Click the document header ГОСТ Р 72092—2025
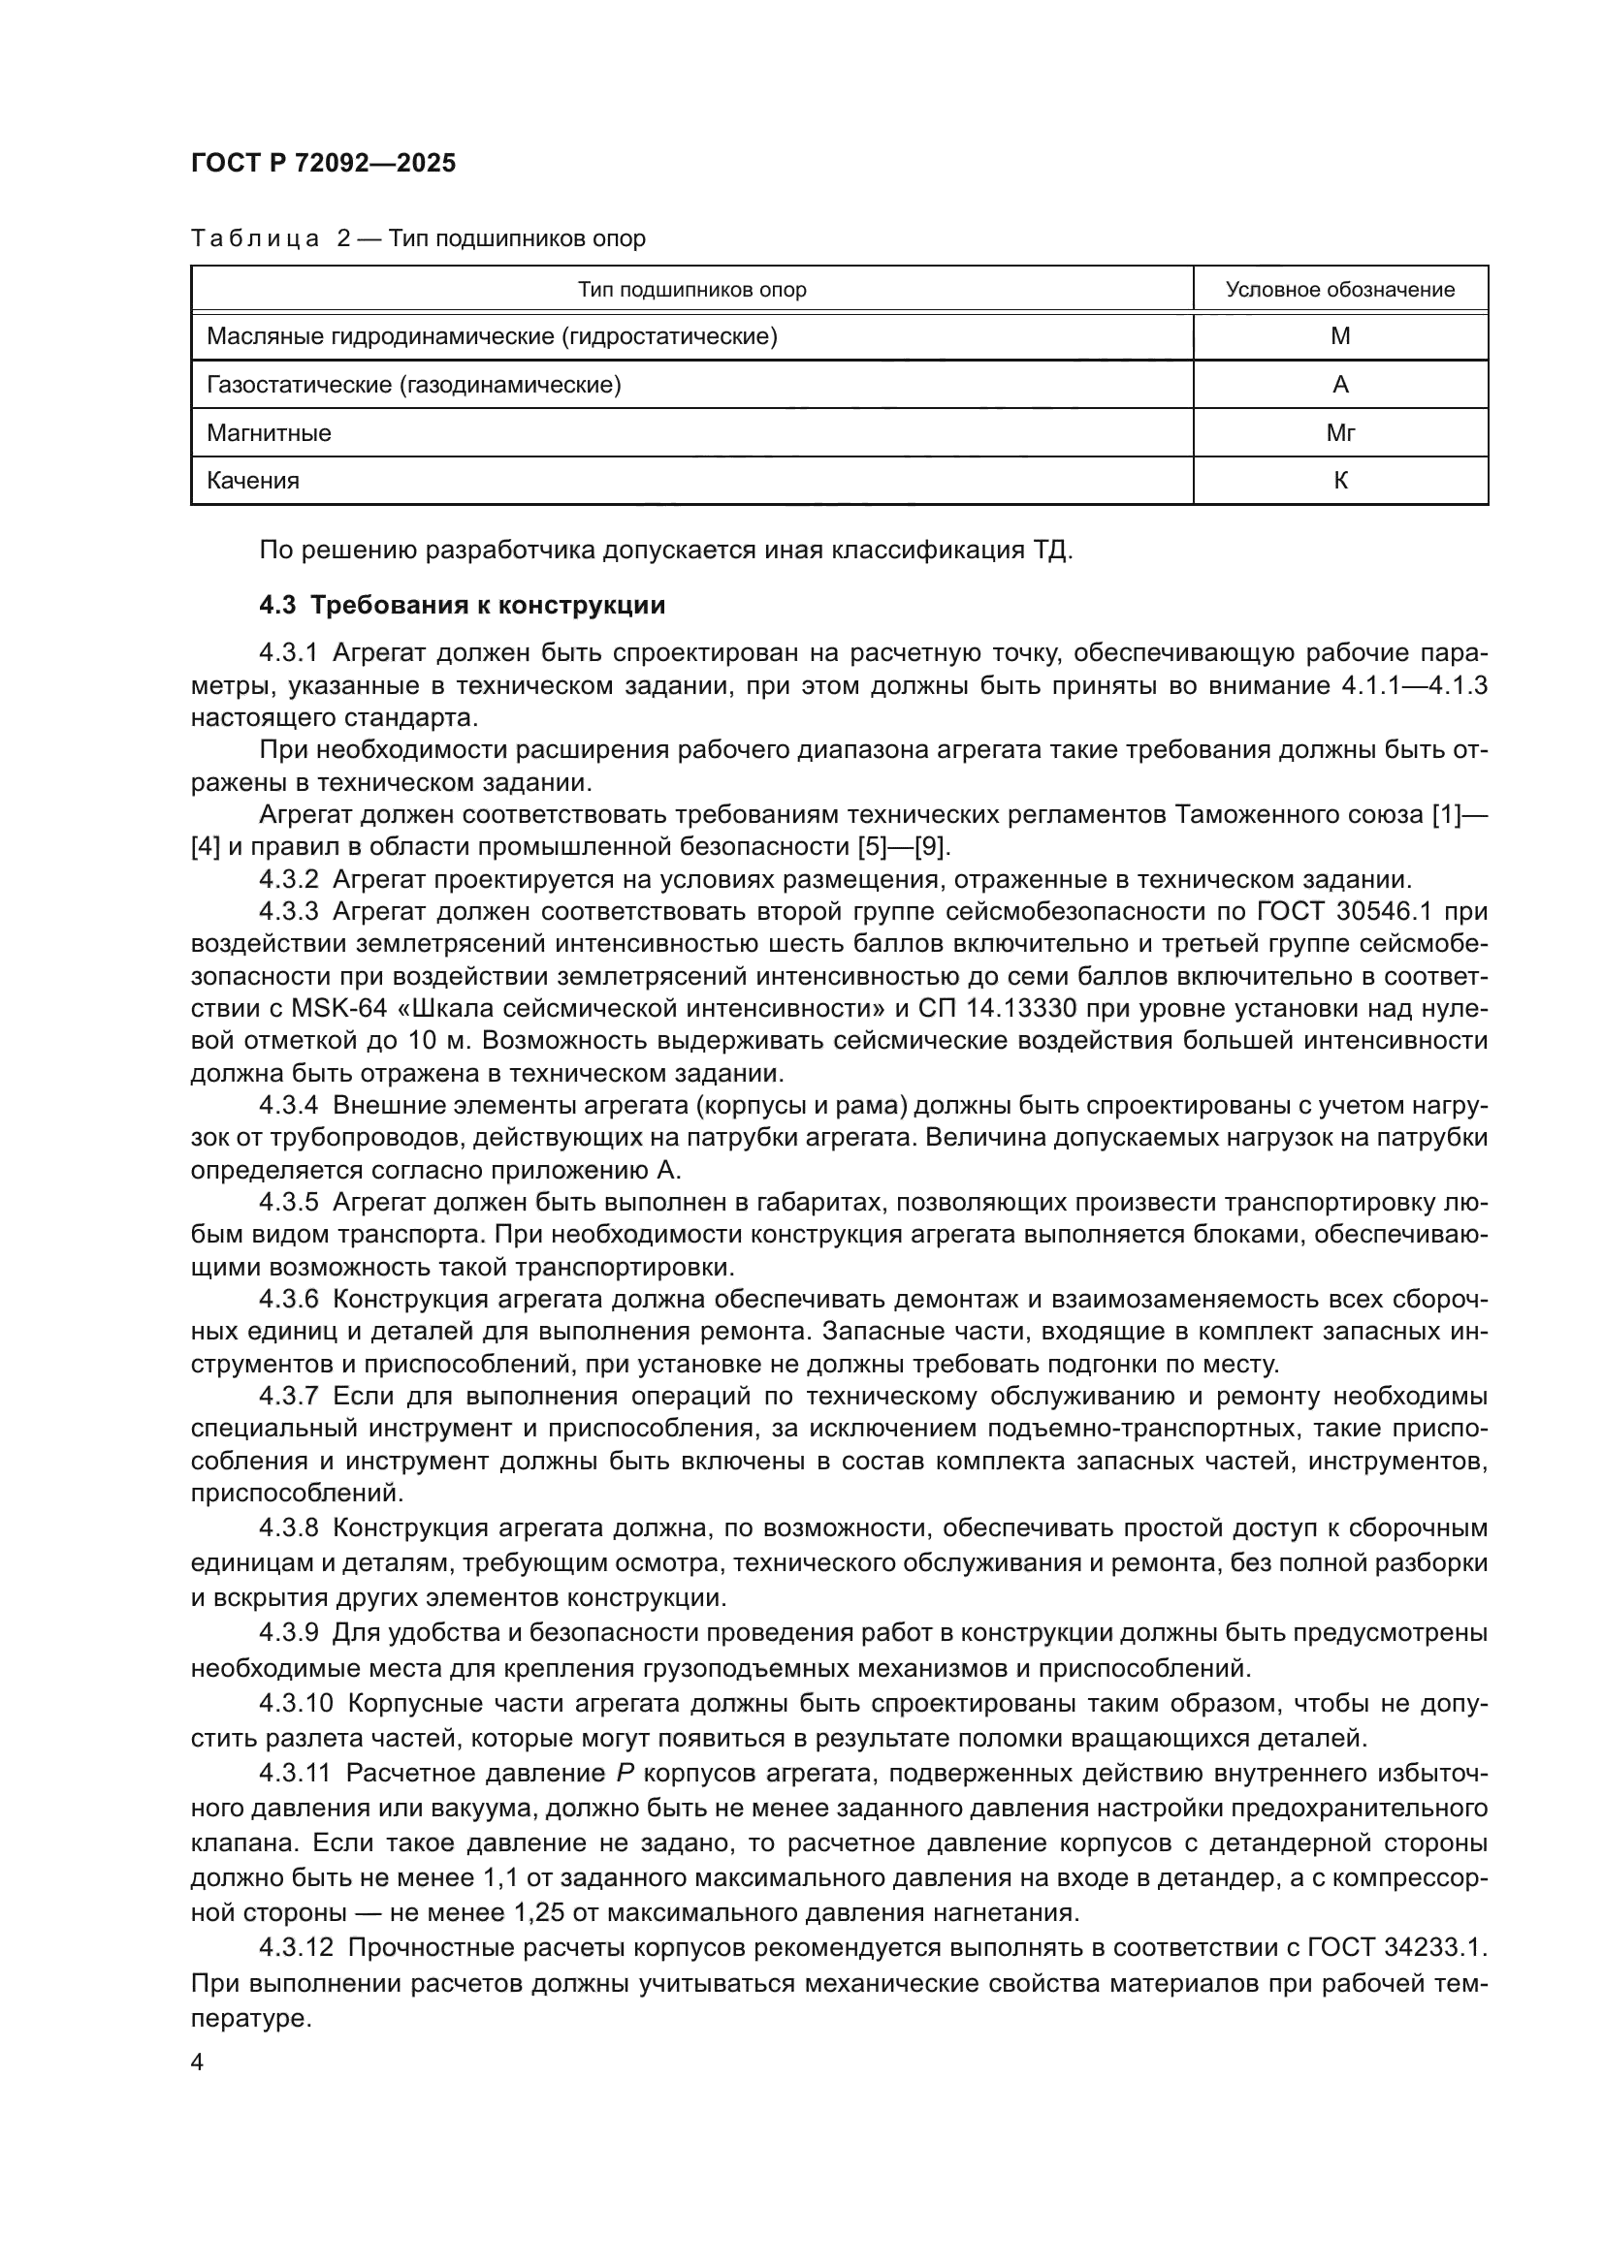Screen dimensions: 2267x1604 323,163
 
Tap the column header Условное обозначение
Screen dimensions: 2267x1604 1339,289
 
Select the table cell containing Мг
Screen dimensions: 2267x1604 1339,432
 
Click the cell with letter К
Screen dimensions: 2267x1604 1339,480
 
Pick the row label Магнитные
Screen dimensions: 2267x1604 269,432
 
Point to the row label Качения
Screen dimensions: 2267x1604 253,480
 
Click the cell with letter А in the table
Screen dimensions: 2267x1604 1339,384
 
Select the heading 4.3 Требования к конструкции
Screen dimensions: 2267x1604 463,605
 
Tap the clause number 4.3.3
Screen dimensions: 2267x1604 288,910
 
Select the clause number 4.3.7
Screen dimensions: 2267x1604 288,1396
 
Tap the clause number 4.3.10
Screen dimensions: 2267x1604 297,1703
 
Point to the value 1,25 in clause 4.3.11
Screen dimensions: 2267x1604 538,1912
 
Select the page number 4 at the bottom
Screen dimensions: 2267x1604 198,2062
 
